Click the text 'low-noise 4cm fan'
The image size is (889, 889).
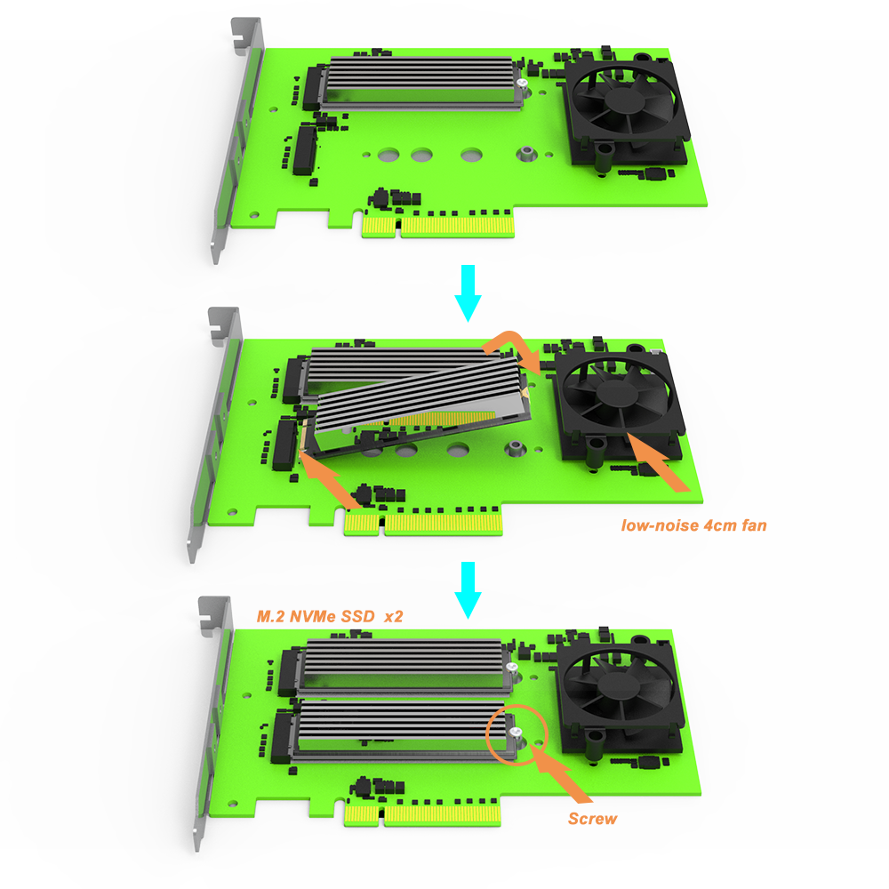pos(693,525)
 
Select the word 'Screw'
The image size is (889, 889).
pos(592,817)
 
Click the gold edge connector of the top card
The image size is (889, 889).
pos(438,229)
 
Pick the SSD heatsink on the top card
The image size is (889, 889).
pos(418,82)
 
